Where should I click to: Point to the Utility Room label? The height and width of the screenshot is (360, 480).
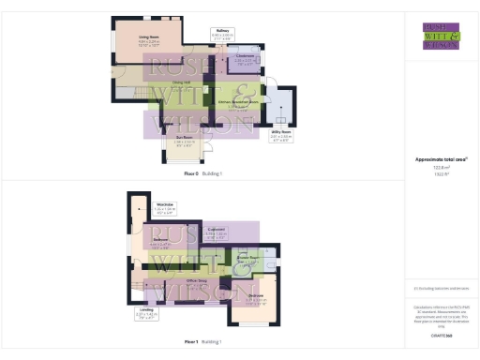tap(281, 133)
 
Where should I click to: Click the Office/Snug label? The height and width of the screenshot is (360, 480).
tap(196, 280)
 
